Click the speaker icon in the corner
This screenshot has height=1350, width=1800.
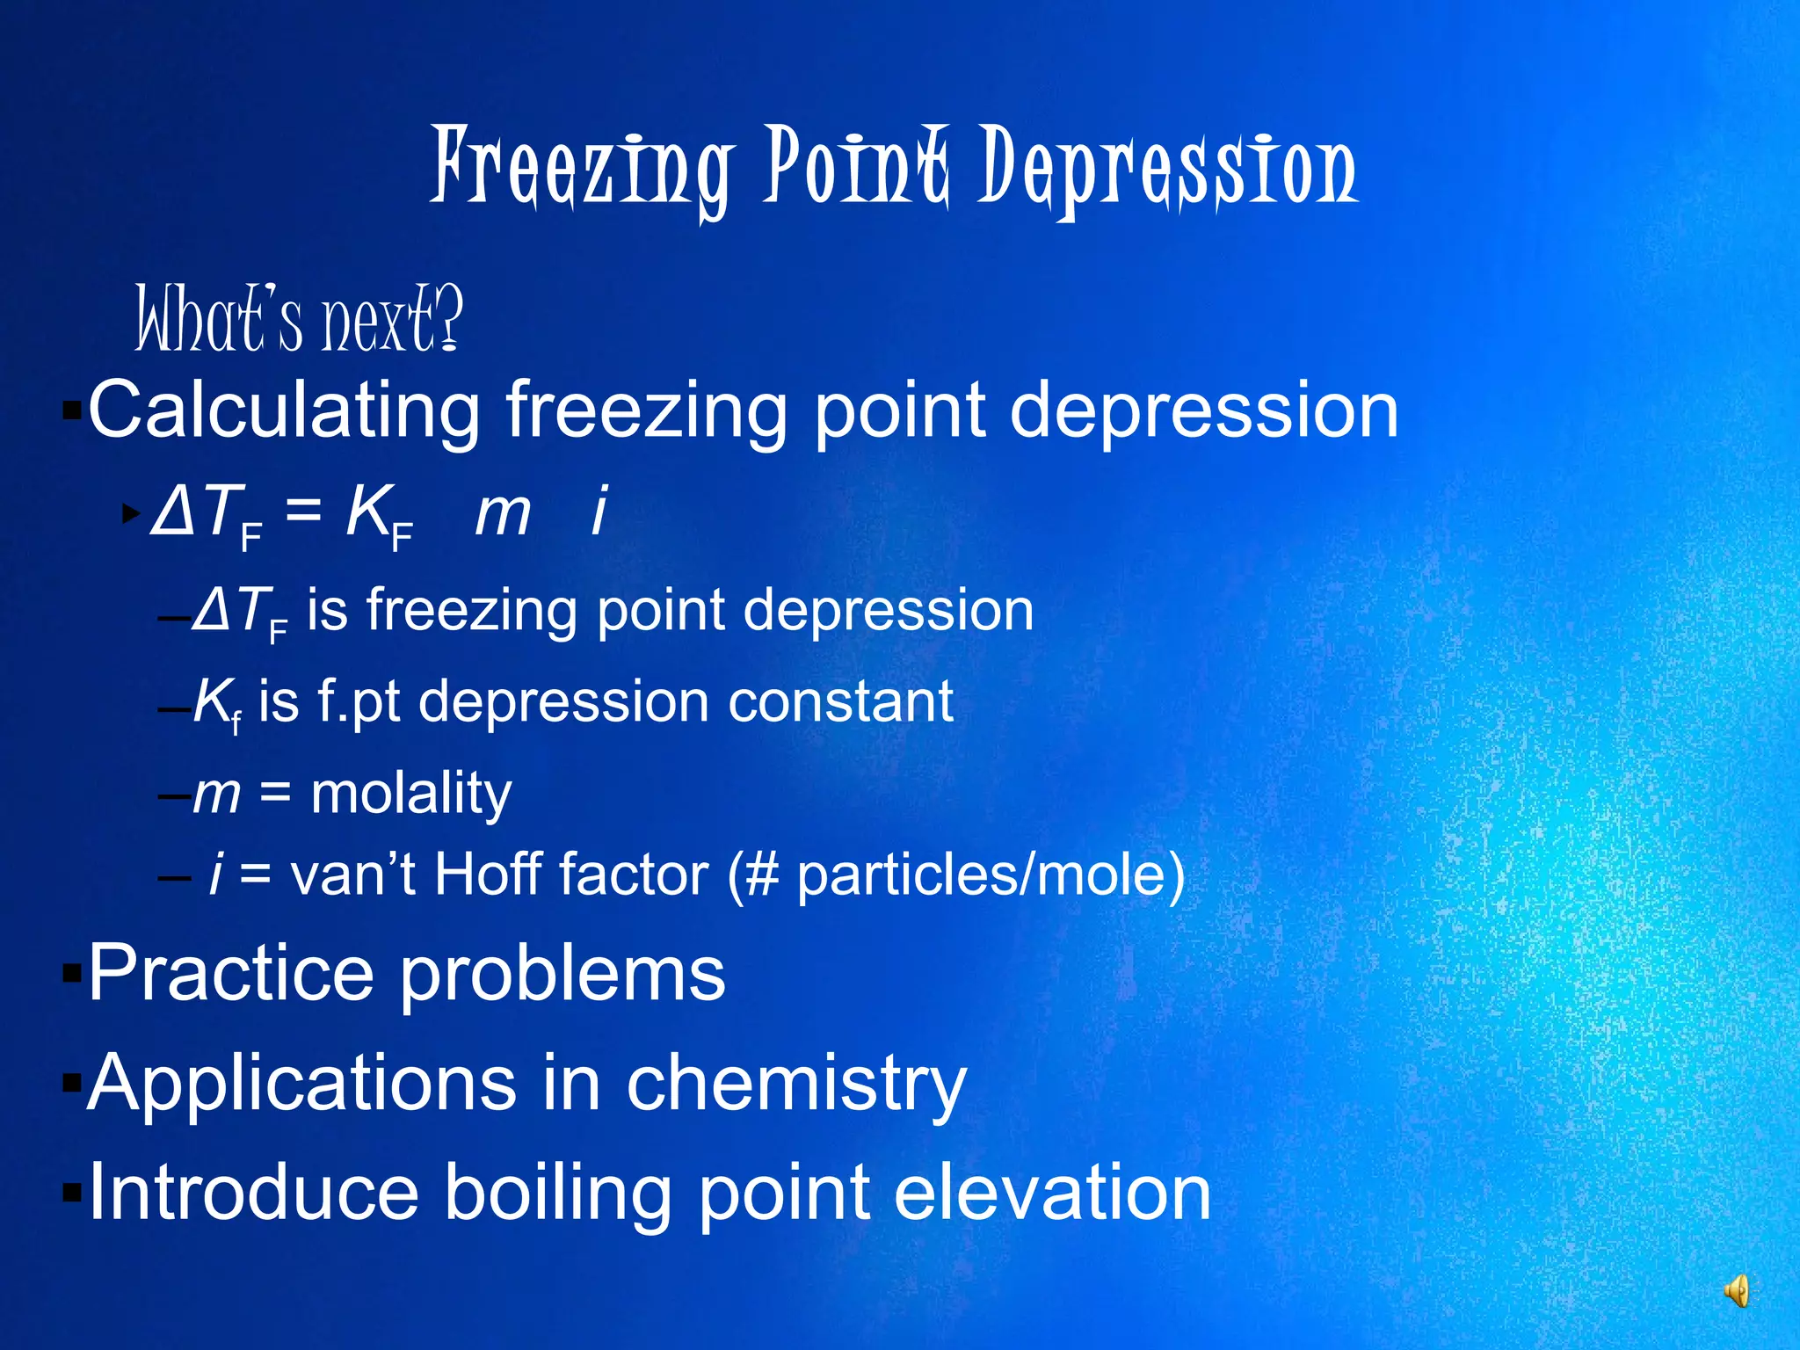point(1736,1291)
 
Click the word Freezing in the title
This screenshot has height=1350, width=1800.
point(581,169)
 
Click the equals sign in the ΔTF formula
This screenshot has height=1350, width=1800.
point(303,509)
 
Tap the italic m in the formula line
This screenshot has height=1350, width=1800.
point(503,512)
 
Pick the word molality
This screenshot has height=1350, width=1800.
point(411,794)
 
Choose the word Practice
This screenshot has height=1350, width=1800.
point(231,974)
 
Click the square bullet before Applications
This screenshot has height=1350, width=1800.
point(71,1082)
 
